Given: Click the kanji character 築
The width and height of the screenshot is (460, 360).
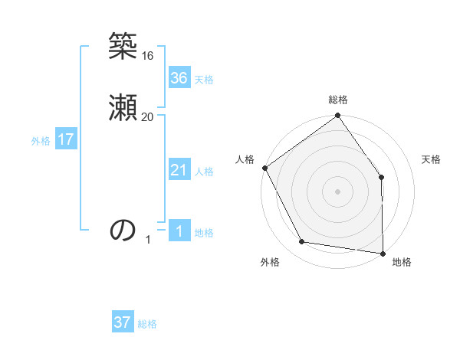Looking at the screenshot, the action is pyautogui.click(x=123, y=48).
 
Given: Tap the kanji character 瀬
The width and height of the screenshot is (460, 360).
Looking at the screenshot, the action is pyautogui.click(x=123, y=107).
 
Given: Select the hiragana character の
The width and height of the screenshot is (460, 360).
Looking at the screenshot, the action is pyautogui.click(x=123, y=229).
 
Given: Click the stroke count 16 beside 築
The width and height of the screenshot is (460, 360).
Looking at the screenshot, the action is pyautogui.click(x=148, y=56).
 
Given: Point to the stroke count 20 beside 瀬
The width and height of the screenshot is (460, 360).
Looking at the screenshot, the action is pyautogui.click(x=148, y=116).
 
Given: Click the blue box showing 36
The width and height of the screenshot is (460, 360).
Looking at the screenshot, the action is pyautogui.click(x=179, y=78).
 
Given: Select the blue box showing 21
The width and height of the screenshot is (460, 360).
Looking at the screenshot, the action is pyautogui.click(x=179, y=170).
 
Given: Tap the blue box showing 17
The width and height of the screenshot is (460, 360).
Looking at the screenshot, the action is pyautogui.click(x=65, y=139).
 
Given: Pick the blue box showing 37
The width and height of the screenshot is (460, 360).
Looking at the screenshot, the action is pyautogui.click(x=123, y=322).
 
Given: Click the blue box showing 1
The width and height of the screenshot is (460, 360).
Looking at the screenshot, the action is pyautogui.click(x=179, y=231).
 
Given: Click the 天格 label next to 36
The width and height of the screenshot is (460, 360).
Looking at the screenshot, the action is pyautogui.click(x=204, y=80).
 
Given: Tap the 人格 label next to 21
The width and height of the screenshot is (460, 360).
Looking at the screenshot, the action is pyautogui.click(x=204, y=172).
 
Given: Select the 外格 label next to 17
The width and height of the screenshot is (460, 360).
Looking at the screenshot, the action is pyautogui.click(x=41, y=141).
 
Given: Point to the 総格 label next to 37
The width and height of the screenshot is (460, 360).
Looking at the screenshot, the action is pyautogui.click(x=147, y=324).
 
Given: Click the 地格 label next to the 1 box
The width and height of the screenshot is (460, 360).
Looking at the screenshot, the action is pyautogui.click(x=204, y=233).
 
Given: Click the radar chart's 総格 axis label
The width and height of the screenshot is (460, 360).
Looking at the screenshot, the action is pyautogui.click(x=338, y=100).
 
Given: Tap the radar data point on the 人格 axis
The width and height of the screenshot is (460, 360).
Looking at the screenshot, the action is pyautogui.click(x=264, y=168).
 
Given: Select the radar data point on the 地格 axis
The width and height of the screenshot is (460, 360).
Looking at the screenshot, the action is pyautogui.click(x=383, y=253).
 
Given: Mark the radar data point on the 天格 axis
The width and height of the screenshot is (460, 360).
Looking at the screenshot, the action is pyautogui.click(x=382, y=178).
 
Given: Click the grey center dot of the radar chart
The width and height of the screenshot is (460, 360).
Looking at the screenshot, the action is pyautogui.click(x=337, y=191).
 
